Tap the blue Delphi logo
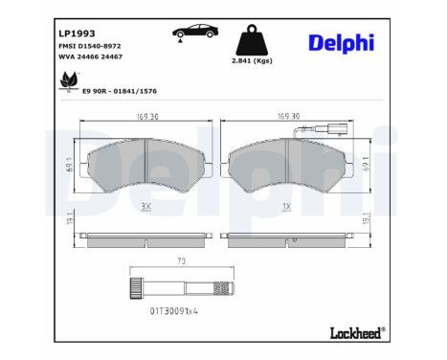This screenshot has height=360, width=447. [x=341, y=43]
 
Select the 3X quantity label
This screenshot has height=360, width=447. [x=146, y=207]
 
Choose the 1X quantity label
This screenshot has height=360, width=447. [x=288, y=207]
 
